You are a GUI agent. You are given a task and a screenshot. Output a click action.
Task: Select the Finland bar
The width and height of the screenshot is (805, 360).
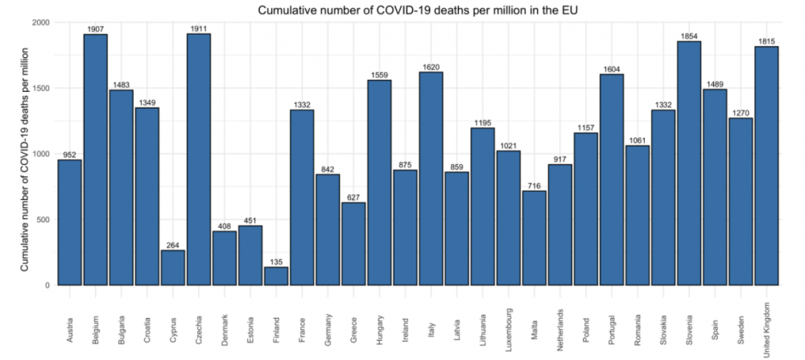[x=276, y=276]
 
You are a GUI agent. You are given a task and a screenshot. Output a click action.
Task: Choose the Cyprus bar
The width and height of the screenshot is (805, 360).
[x=173, y=267]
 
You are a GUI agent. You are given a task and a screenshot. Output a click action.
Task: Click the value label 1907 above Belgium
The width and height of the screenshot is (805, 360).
[x=96, y=30]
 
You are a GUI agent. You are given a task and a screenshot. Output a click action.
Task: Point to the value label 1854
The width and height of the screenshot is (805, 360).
[x=689, y=37]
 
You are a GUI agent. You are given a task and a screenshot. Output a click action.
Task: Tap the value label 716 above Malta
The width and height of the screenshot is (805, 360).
[x=535, y=186]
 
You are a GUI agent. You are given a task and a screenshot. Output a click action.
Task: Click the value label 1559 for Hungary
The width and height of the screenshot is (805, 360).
[x=379, y=76]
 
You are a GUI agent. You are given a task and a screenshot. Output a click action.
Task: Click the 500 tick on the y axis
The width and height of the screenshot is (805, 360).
[x=43, y=220]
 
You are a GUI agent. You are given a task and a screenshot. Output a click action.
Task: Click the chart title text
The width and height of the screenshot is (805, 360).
[x=419, y=10]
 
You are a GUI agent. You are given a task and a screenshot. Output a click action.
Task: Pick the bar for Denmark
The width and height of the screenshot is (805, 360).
[x=225, y=259]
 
